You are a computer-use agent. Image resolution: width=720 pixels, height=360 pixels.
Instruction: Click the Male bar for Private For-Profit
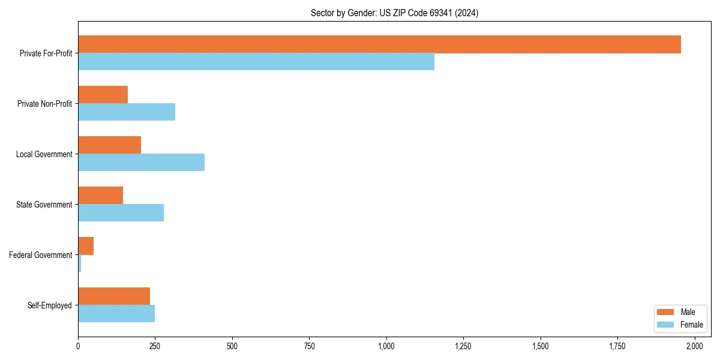pyautogui.click(x=379, y=44)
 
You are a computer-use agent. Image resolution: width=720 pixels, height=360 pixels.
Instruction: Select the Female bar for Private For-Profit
pyautogui.click(x=256, y=62)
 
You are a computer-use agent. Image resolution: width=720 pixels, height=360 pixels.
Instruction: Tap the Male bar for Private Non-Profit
pyautogui.click(x=103, y=95)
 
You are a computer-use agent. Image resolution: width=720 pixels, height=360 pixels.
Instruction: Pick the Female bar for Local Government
pyautogui.click(x=141, y=163)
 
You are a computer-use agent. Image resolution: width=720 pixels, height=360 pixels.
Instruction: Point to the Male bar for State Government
pyautogui.click(x=100, y=196)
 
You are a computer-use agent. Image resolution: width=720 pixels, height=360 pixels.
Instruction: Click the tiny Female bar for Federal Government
pyautogui.click(x=80, y=263)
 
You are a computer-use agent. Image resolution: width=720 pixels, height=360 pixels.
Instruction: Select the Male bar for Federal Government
pyautogui.click(x=86, y=246)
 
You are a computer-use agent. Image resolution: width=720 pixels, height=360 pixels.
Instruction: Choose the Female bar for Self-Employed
pyautogui.click(x=116, y=314)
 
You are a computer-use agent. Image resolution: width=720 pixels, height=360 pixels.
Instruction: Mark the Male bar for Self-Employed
pyautogui.click(x=114, y=296)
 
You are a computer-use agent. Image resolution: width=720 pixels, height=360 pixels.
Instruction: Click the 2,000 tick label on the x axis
pyautogui.click(x=694, y=346)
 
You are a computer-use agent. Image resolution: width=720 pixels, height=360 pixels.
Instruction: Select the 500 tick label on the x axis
pyautogui.click(x=232, y=346)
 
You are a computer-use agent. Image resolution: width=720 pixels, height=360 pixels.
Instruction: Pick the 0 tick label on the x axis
pyautogui.click(x=78, y=346)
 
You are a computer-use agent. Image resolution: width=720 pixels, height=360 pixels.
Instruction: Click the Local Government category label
pyautogui.click(x=44, y=154)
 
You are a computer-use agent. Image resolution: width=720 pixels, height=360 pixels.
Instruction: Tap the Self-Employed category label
pyautogui.click(x=49, y=305)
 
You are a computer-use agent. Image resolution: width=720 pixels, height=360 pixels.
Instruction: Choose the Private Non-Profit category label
pyautogui.click(x=44, y=104)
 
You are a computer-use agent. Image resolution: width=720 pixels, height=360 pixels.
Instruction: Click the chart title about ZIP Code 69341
pyautogui.click(x=394, y=13)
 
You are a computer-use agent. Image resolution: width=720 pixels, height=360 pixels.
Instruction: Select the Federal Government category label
pyautogui.click(x=41, y=255)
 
